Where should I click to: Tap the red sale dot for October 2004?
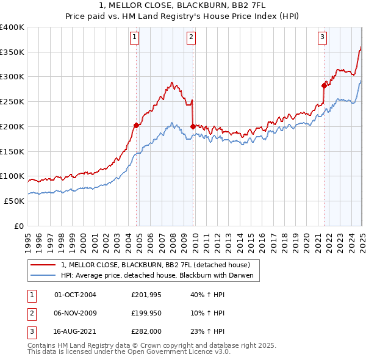coord(137,125)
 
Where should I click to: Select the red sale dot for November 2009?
coord(193,126)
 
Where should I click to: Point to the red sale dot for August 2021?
coord(324,85)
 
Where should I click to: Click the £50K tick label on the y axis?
coord(13,201)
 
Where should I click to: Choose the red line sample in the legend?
coord(43,265)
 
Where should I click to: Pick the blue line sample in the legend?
coord(43,276)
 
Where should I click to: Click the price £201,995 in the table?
coord(145,295)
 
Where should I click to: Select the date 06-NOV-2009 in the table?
coord(75,313)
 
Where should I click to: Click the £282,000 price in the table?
coord(145,331)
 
